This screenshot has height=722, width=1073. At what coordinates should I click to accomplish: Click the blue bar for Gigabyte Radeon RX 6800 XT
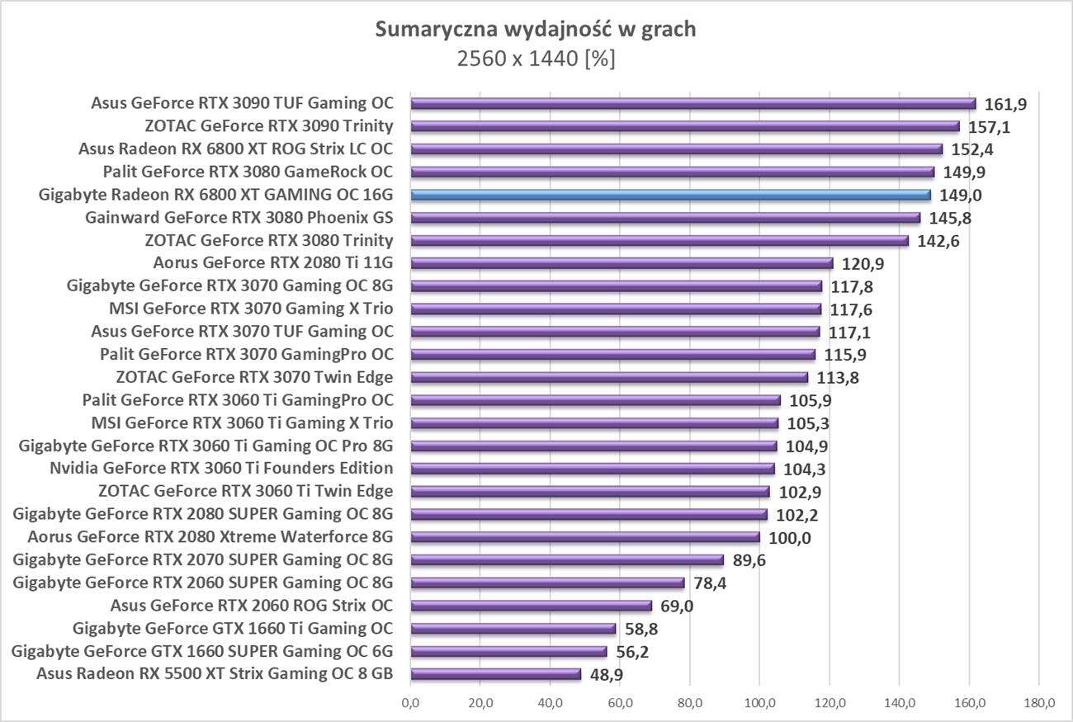coord(670,196)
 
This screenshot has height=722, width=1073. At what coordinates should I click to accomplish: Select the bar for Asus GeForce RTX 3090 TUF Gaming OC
coord(693,104)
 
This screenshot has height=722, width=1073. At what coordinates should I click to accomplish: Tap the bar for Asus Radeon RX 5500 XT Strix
coord(496,674)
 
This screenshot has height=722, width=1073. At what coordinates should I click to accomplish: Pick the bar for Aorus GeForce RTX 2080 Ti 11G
coord(622,264)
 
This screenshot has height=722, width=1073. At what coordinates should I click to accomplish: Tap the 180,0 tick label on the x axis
coord(1039,703)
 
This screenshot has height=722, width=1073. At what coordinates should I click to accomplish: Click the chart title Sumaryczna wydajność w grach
coord(536,30)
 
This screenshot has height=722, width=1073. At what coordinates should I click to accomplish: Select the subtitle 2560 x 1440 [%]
coord(536,59)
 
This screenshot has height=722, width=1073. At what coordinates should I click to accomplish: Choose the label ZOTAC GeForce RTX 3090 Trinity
coord(268,126)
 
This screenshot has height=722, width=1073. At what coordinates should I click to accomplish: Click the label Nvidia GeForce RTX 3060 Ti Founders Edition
coord(221,469)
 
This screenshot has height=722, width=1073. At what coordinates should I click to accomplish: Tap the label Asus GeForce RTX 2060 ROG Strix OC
coord(251,606)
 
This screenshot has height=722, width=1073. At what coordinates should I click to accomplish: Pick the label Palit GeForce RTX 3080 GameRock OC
coord(248,172)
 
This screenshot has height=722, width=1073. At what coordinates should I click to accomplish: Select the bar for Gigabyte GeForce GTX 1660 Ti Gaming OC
coord(513,629)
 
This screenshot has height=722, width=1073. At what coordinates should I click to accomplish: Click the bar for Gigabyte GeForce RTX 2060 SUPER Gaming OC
coord(547,583)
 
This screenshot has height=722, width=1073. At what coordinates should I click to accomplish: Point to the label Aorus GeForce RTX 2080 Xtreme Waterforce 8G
coord(210,537)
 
